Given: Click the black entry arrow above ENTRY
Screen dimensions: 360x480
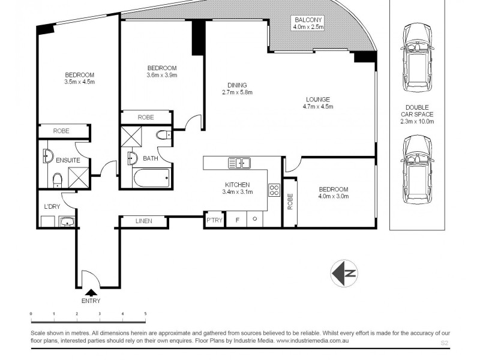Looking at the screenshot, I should pos(91,292).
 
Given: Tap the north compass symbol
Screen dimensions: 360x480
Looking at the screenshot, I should pos(344,274).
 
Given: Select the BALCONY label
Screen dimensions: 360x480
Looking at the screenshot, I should pos(308,19).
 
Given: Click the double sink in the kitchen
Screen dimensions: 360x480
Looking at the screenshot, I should pos(239,163).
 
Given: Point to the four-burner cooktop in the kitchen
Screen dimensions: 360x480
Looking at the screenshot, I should pos(274,190).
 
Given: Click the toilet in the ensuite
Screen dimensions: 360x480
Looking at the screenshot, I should pos(56,179).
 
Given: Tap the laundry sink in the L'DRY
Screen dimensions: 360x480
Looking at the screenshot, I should pos(67,222).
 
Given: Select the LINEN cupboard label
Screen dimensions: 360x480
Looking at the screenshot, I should pos(143,221).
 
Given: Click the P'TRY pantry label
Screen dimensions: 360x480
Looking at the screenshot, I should pos(214,221).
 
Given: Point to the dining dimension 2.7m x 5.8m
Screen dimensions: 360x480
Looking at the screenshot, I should pos(237,92).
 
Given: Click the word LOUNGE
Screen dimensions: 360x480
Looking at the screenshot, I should pos(317,99).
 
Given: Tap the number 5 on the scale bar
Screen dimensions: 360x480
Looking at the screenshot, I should pos(145,314).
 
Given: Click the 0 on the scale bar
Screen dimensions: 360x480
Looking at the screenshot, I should pos(31,314).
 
